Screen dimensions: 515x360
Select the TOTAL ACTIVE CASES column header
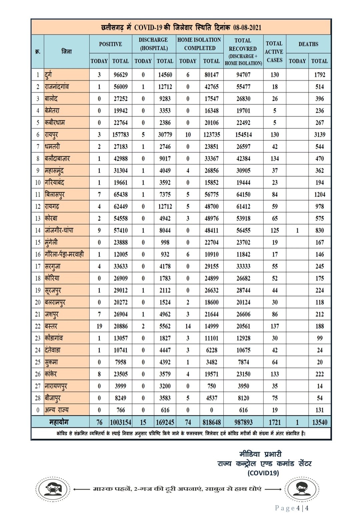[x=274, y=52]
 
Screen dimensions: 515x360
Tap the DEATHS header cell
[x=308, y=44]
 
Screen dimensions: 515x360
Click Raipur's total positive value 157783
[x=120, y=135]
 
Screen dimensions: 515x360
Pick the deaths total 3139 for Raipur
[x=319, y=135]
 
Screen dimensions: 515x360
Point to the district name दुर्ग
[x=49, y=75]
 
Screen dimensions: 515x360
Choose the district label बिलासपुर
[x=55, y=194]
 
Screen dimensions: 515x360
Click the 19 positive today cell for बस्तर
[x=99, y=326]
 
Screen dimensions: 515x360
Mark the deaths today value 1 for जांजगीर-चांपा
[x=297, y=230]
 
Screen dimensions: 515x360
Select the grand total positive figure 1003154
[x=120, y=422]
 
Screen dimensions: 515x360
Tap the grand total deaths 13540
[x=319, y=422]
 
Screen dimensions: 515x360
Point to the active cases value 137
[x=275, y=326]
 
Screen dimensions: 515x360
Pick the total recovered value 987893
[x=243, y=422]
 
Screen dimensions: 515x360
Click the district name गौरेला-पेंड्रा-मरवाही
[x=64, y=254]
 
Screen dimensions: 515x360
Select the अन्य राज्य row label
[x=57, y=410]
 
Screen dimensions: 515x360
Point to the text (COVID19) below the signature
[x=263, y=473]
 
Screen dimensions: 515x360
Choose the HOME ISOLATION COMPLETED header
[x=199, y=44]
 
